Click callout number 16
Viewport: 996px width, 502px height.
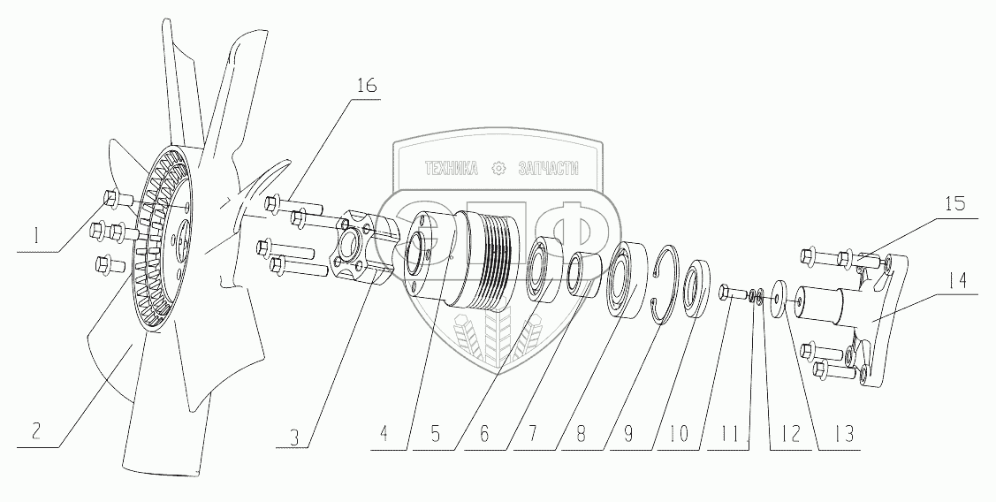pyautogui.click(x=366, y=87)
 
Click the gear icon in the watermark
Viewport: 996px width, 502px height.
pyautogui.click(x=498, y=168)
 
